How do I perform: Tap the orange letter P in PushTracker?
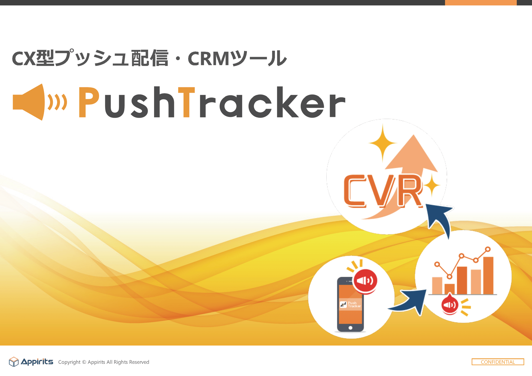click(x=89, y=102)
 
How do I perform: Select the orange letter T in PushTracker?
click(x=186, y=102)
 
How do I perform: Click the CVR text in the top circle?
click(x=383, y=191)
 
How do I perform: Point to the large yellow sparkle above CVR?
click(x=383, y=143)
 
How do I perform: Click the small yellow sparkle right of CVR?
click(x=431, y=185)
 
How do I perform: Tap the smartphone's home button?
click(x=350, y=328)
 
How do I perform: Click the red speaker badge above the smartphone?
click(x=365, y=281)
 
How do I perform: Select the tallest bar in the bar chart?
click(x=488, y=275)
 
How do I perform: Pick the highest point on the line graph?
click(x=488, y=249)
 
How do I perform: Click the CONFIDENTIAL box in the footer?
click(x=498, y=362)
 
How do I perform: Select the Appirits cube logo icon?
click(x=14, y=362)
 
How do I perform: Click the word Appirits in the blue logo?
click(x=37, y=362)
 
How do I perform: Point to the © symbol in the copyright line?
click(x=84, y=362)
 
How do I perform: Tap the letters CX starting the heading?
click(x=24, y=59)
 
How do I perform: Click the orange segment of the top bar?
click(x=481, y=2)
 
